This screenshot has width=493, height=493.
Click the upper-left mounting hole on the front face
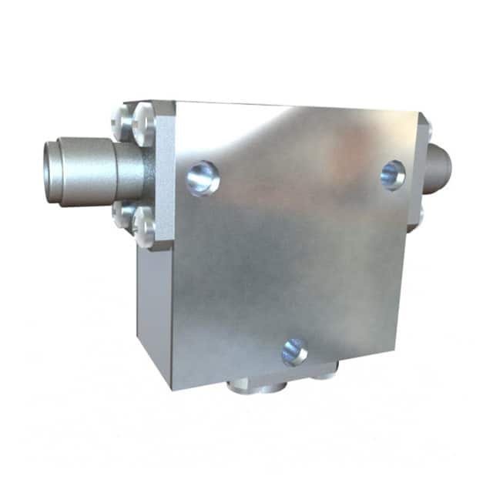(x=203, y=177)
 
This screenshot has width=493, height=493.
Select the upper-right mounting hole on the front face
(x=393, y=175)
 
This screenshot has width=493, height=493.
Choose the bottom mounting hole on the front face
(x=294, y=351)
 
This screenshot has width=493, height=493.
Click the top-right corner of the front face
(x=418, y=113)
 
